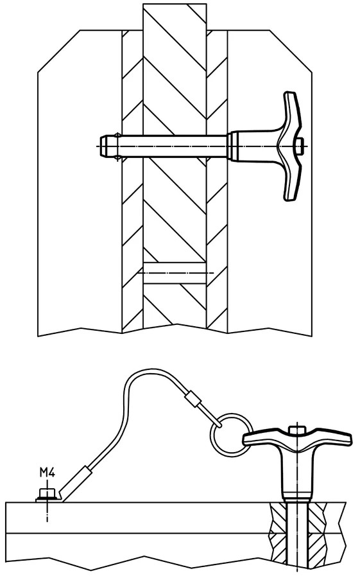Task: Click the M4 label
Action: point(47,472)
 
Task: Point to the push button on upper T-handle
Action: point(300,146)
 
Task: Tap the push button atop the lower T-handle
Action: point(297,430)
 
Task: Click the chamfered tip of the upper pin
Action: point(104,146)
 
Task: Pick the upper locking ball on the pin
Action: point(117,134)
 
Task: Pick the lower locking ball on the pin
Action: point(117,159)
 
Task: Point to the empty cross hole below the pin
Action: point(175,273)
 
